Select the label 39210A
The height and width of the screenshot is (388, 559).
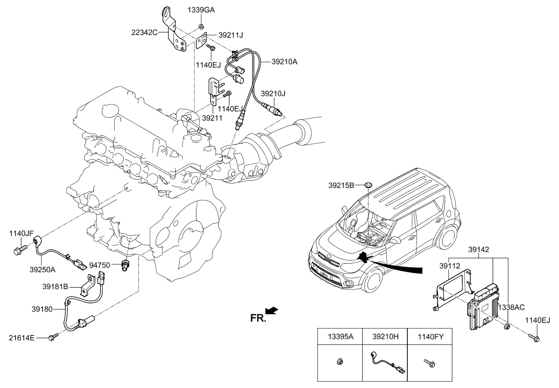[285, 61]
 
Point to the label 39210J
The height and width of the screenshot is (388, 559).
[273, 93]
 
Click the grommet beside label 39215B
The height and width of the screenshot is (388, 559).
[368, 185]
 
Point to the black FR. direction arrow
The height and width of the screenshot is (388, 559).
[272, 311]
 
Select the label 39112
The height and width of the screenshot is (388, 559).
[449, 265]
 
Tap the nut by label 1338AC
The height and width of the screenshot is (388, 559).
[506, 327]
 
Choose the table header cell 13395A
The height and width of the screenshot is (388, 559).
[340, 337]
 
